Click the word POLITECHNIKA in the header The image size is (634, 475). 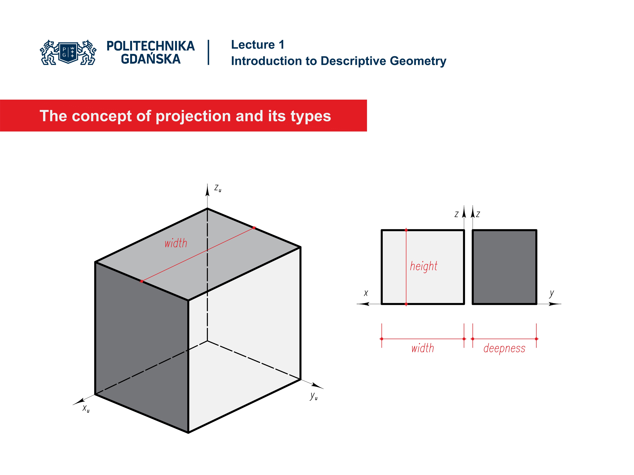pyautogui.click(x=150, y=46)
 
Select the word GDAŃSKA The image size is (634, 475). pyautogui.click(x=150, y=59)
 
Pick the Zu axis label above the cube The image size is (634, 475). pyautogui.click(x=218, y=188)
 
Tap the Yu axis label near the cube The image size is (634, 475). pyautogui.click(x=314, y=396)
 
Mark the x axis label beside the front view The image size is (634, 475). pyautogui.click(x=366, y=293)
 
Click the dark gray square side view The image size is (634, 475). pyautogui.click(x=504, y=267)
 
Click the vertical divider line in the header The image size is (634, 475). pyautogui.click(x=208, y=52)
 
